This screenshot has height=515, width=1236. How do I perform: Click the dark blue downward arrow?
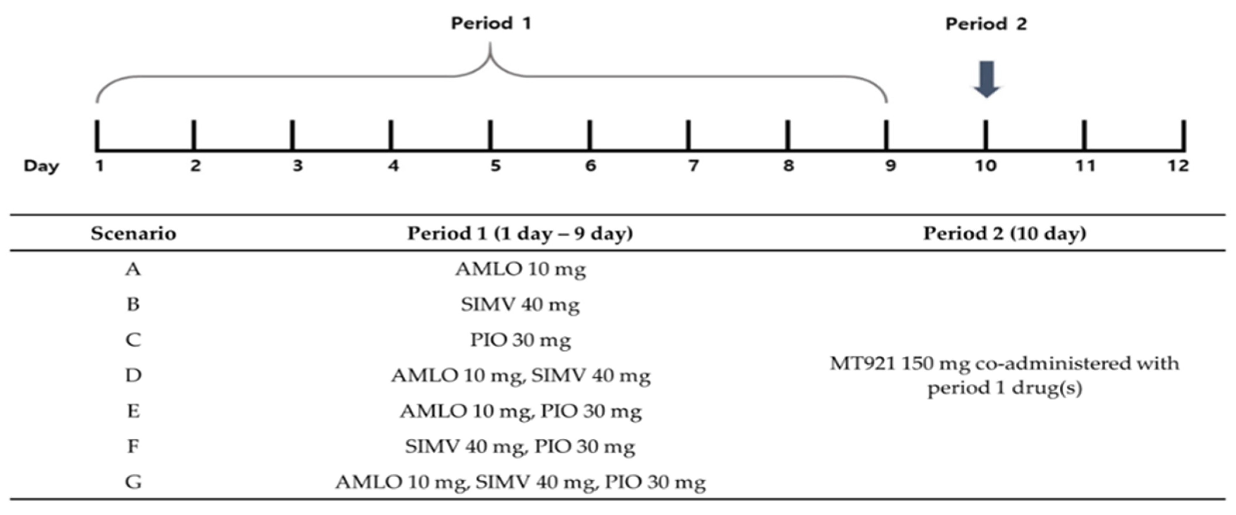point(986,79)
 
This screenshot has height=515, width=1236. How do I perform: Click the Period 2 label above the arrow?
point(986,24)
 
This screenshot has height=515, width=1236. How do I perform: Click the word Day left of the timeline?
point(41,166)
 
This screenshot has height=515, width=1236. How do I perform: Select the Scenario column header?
point(133,233)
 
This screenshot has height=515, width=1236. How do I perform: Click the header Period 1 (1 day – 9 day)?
point(520,233)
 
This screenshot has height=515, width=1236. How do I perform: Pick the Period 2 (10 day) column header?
point(1005,233)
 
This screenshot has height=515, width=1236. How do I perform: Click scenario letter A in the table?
point(133,269)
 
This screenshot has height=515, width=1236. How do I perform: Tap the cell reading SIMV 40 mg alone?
point(520,304)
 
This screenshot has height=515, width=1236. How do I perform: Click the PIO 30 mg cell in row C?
point(520,340)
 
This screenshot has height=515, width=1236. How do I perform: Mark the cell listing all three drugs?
point(520,482)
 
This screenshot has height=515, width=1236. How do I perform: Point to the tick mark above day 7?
point(689,135)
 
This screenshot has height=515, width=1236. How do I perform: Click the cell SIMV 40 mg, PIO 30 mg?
point(520,446)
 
